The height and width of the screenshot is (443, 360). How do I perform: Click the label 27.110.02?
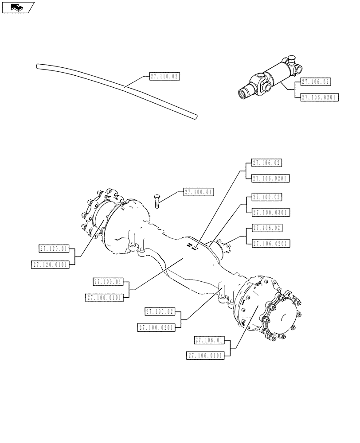coord(164,77)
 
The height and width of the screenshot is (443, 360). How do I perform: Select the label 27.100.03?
coord(266,196)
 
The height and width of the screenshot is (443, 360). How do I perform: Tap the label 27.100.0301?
coord(270,213)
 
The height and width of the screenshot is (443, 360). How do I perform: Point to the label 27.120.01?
coord(54,249)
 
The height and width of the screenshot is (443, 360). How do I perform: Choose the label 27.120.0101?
coord(50,264)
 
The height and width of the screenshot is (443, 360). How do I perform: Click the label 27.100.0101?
coord(105,298)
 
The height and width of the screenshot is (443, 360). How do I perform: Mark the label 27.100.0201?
coord(157,327)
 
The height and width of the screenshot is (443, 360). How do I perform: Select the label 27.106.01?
coord(210,340)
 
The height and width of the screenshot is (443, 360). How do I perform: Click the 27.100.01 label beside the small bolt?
coord(198,192)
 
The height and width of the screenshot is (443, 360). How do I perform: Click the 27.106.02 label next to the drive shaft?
coord(316,82)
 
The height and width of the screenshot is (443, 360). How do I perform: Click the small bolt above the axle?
coord(157,201)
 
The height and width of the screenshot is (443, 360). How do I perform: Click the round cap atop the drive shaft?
coord(292,58)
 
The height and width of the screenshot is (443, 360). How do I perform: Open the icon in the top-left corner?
coord(18,7)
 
